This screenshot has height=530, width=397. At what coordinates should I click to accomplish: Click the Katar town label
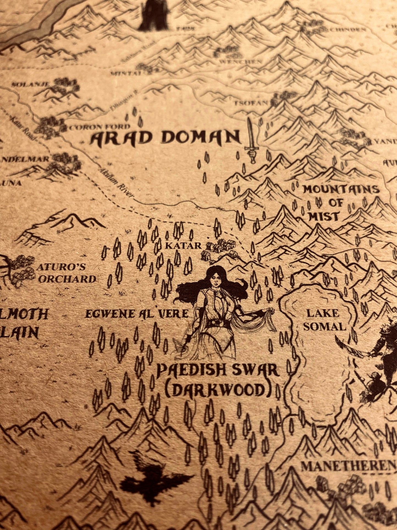coord(183,246)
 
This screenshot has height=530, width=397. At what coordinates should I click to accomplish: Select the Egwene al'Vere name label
coord(137,314)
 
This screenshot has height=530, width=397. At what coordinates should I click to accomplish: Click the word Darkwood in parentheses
coord(218,390)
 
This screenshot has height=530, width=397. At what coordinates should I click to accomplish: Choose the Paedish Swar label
coord(218,370)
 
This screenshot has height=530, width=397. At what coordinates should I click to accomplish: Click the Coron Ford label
coord(99,127)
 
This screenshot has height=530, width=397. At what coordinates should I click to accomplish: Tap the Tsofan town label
coord(251,103)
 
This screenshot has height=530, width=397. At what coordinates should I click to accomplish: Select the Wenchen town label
coord(240,62)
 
